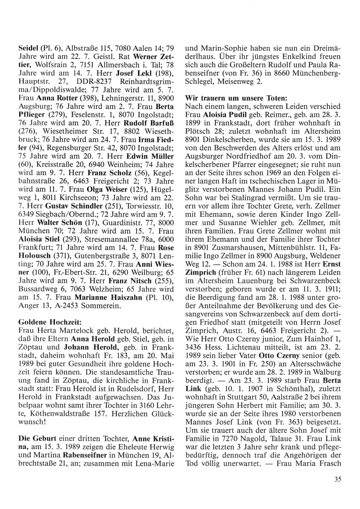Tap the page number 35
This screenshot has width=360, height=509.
[337, 479]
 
